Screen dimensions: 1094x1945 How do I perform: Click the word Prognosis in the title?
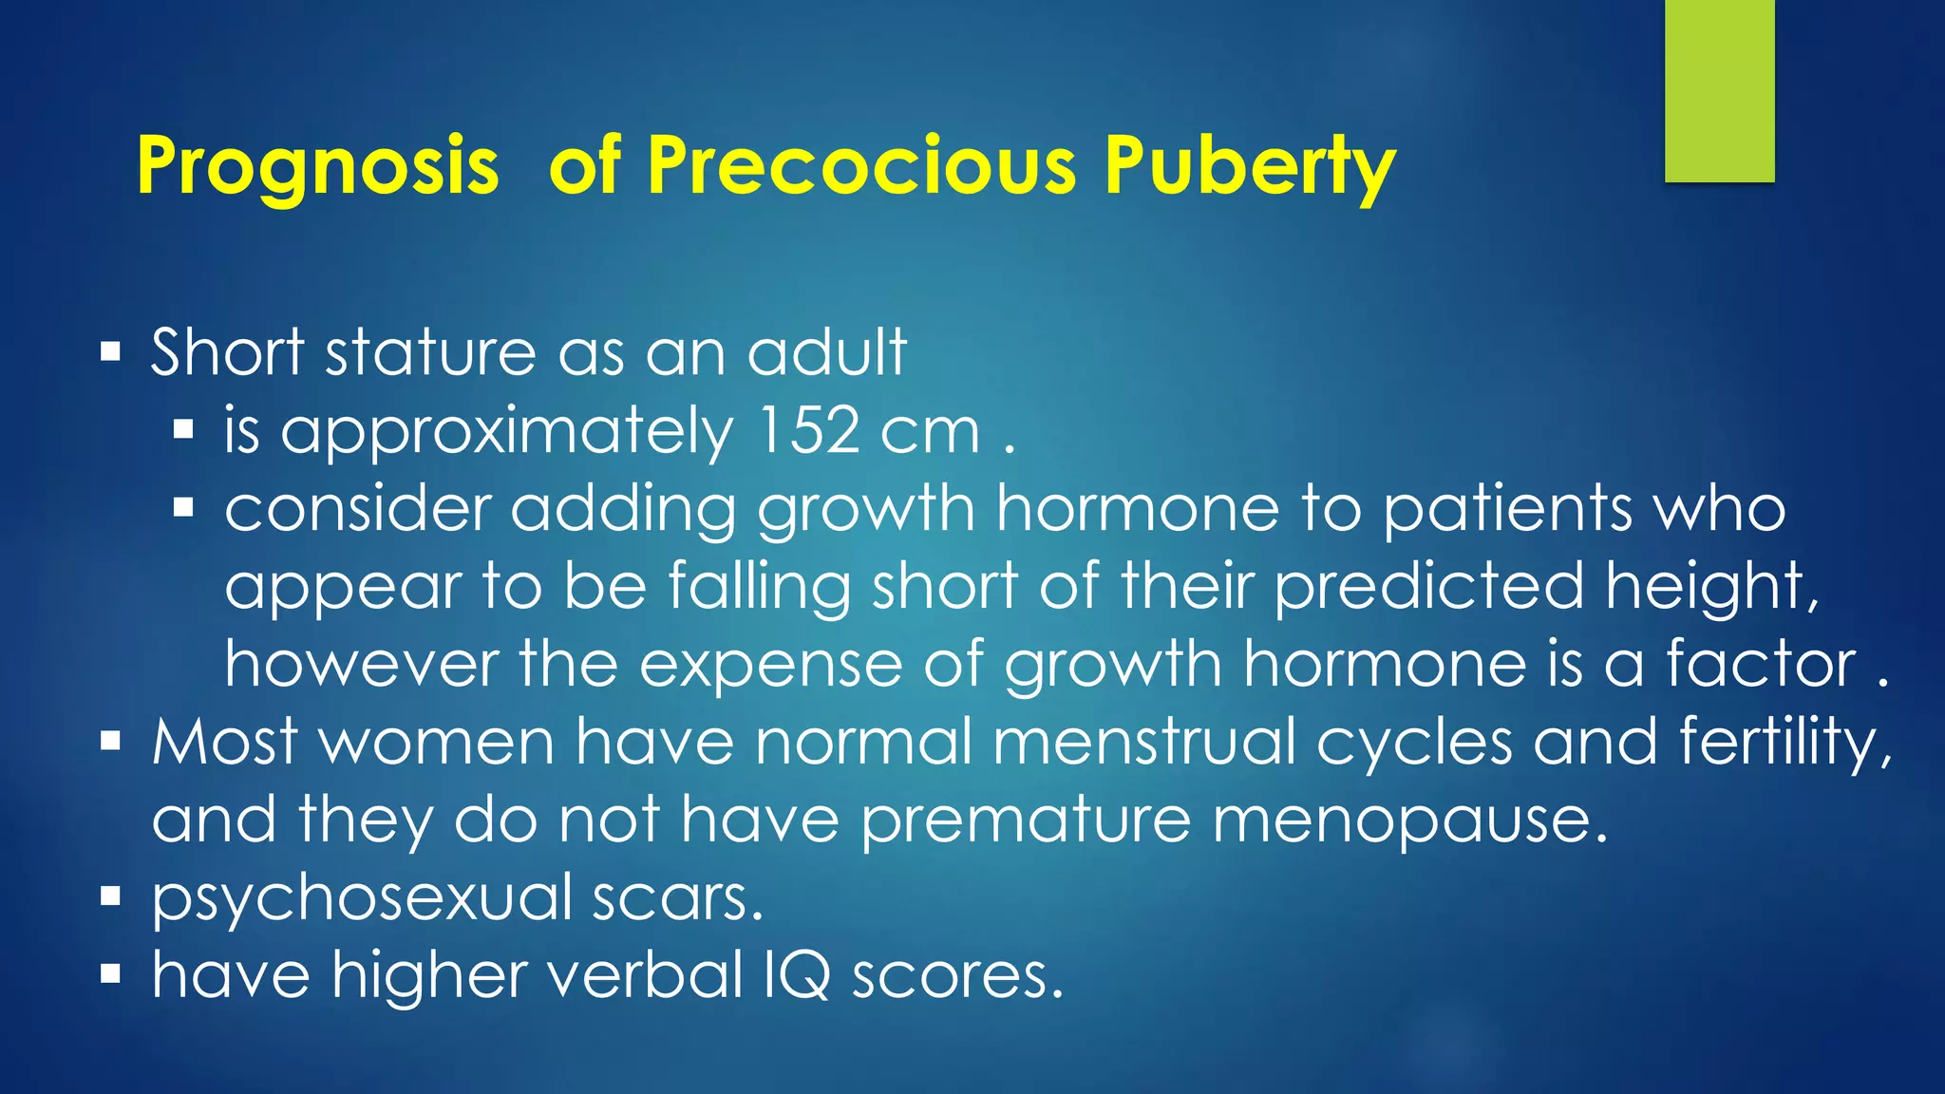click(x=317, y=166)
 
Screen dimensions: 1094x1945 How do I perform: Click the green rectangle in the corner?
click(x=1719, y=90)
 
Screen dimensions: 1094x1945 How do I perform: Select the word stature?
click(x=430, y=352)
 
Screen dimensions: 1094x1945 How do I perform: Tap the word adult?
click(x=826, y=352)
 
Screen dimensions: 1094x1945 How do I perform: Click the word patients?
click(x=1507, y=511)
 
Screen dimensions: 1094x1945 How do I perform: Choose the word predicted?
click(x=1428, y=586)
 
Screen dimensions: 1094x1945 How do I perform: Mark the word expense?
click(x=770, y=666)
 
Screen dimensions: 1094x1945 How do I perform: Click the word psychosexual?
click(x=362, y=899)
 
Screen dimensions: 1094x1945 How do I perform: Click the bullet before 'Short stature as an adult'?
click(x=111, y=353)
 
